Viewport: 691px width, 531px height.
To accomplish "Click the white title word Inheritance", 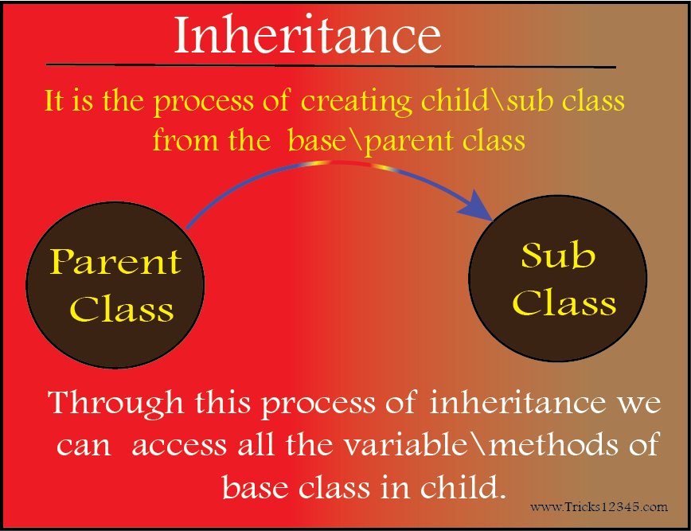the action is coord(307,35).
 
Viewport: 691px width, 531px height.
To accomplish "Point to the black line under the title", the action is coord(330,65).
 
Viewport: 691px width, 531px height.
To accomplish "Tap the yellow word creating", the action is coord(356,102).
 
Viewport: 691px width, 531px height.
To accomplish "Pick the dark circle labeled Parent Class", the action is coord(115,285).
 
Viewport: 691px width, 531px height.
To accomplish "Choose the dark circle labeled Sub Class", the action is coord(557,279).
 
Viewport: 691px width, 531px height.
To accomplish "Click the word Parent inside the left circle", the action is coord(115,261).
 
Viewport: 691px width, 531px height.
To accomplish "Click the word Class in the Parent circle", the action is coord(122,308).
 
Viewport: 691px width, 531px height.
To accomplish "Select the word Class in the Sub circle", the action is coord(564,303).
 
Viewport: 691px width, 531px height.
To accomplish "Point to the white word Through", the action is coord(116,403).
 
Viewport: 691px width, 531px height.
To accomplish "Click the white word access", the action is coord(179,446).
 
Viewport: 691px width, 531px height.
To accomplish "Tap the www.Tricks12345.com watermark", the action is coord(599,507).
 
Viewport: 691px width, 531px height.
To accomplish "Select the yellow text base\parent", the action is coord(371,141).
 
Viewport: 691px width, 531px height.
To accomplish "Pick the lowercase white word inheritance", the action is coord(517,401).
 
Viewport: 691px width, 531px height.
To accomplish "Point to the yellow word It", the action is coord(54,100).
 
